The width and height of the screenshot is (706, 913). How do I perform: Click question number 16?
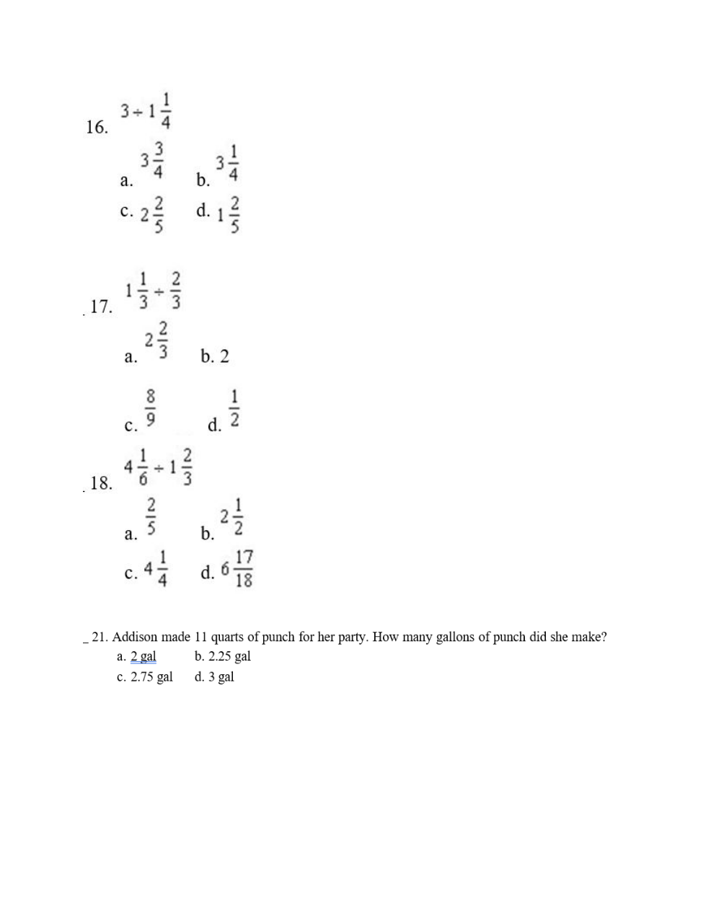97,128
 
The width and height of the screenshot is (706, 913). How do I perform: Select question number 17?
101,306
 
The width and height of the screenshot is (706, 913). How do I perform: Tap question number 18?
101,483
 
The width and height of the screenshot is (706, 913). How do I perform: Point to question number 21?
100,638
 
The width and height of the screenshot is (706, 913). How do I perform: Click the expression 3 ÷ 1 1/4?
146,112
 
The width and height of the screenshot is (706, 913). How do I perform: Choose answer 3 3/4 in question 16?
153,160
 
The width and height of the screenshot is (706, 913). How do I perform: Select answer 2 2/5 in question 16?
152,213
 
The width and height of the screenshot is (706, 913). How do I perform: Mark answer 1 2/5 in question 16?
229,214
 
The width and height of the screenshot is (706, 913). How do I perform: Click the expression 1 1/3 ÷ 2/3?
153,290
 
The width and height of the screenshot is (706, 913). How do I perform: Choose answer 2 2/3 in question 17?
156,340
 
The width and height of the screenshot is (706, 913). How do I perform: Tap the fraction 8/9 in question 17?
151,407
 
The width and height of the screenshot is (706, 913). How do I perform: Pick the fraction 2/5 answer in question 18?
151,516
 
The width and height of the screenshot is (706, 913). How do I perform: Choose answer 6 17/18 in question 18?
237,570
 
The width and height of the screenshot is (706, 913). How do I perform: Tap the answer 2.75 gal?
151,677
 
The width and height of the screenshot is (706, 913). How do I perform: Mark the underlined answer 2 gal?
144,657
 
